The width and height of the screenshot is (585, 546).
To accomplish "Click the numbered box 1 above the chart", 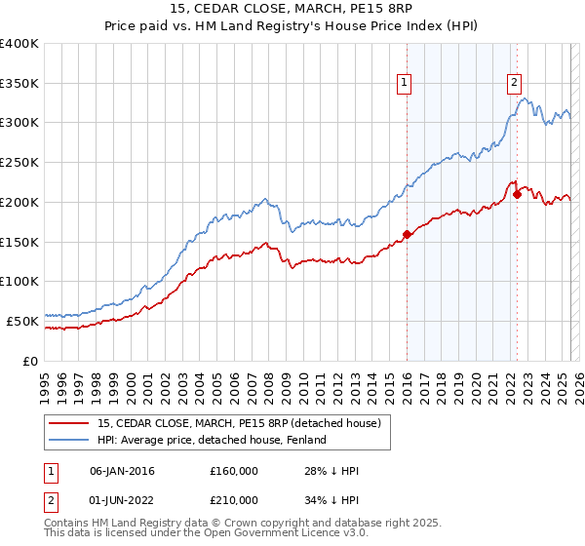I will tap(404, 84).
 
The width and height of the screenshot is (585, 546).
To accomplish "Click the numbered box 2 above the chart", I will tap(514, 84).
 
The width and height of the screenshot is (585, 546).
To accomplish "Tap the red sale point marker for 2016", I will tap(407, 234).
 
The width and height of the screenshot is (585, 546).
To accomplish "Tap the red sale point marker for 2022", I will tap(517, 194).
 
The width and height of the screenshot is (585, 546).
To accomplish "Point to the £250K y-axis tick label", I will tap(19, 162).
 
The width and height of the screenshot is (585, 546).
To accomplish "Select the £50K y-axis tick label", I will tap(22, 321).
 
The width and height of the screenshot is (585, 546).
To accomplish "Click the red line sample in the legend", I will tap(70, 423).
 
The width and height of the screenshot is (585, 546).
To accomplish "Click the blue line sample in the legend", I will tap(70, 440).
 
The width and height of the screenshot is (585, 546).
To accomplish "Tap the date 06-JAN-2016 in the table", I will tap(122, 471).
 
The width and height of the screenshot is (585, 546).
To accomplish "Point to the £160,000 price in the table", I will tap(234, 471).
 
